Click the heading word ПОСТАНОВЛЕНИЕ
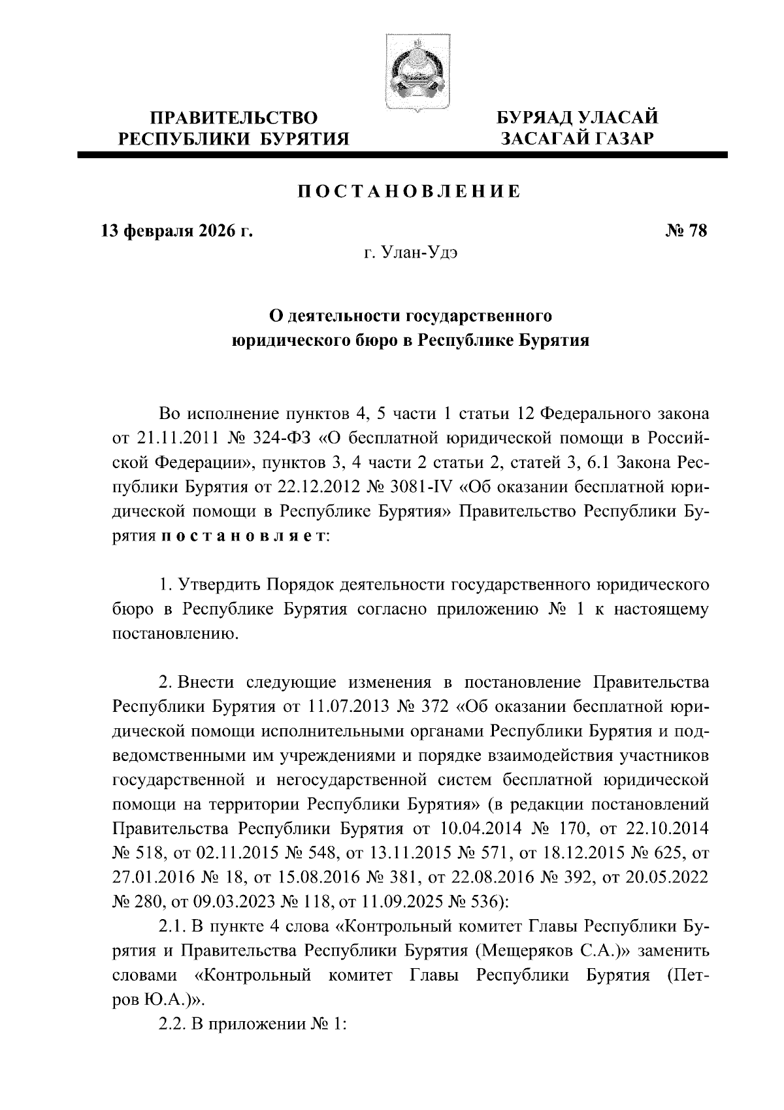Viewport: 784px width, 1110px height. pos(410,192)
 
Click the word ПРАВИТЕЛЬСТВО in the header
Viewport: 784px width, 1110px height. pos(235,118)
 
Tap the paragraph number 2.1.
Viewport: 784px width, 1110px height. pos(172,926)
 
